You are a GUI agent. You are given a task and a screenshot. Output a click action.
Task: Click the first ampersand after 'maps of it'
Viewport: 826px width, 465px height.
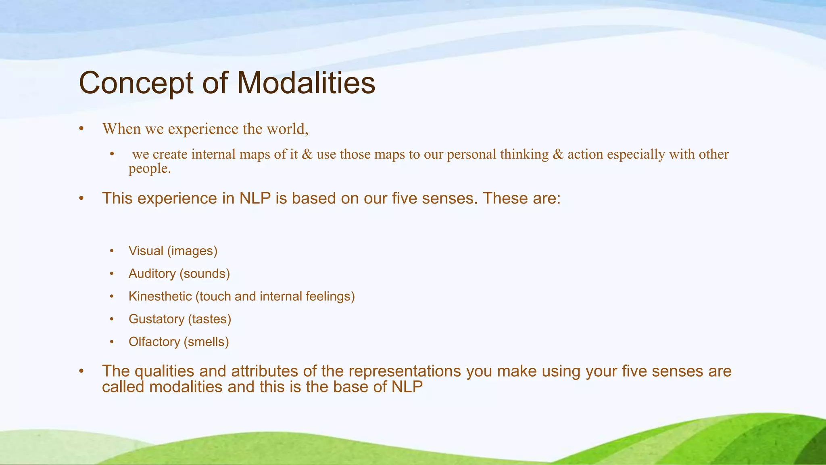(x=307, y=155)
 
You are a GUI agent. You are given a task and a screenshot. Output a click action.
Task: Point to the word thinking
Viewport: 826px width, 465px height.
(x=524, y=155)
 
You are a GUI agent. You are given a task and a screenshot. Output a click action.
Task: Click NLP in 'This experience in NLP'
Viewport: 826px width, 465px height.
(x=254, y=199)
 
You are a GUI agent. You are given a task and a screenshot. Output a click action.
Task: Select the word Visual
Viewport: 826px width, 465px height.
(x=146, y=251)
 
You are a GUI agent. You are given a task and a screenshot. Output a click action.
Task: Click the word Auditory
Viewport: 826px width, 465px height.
(x=152, y=274)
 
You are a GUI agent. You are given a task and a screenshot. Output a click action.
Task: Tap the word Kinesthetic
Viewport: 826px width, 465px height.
(x=160, y=296)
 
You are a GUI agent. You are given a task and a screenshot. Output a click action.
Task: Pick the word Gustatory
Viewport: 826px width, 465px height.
(x=156, y=319)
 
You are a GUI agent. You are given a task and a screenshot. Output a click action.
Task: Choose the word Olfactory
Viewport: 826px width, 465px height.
(x=154, y=342)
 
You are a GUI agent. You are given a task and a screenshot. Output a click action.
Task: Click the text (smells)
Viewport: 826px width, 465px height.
(x=206, y=342)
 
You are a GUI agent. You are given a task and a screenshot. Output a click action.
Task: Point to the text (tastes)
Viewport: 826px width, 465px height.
(x=209, y=319)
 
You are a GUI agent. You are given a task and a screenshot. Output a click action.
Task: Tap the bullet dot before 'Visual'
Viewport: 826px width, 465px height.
(x=112, y=251)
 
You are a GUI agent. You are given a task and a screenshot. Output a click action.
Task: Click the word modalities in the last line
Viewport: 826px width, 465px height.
(x=186, y=387)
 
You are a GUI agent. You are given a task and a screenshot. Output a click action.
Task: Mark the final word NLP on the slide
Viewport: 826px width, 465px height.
(x=407, y=387)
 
